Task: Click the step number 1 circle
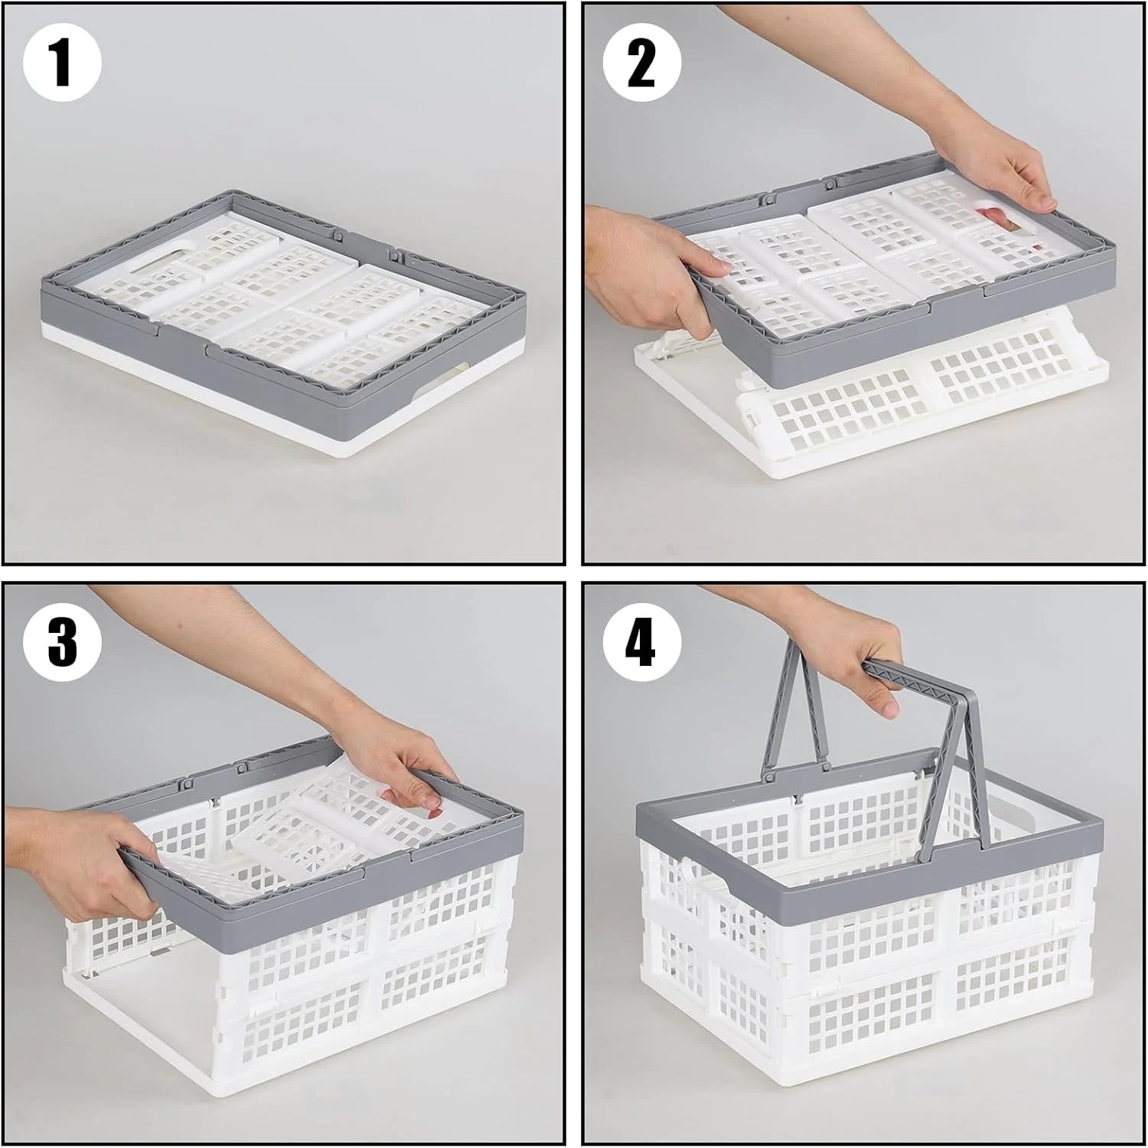62,63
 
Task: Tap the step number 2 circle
641,63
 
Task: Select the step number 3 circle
62,642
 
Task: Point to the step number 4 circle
641,642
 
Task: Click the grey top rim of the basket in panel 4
869,830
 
